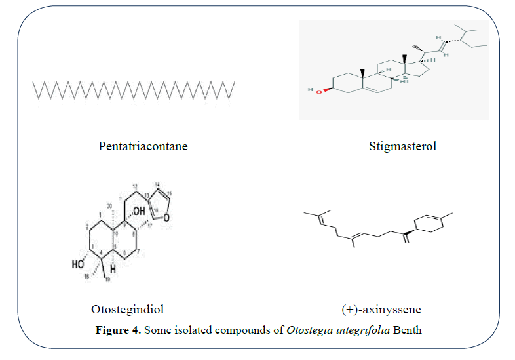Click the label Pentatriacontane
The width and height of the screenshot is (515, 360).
(143, 146)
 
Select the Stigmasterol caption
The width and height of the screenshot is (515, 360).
(402, 146)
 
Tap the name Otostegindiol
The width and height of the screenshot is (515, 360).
(132, 308)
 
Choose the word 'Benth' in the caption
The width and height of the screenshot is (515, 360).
(407, 329)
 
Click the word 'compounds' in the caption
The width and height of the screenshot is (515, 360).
(252, 329)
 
